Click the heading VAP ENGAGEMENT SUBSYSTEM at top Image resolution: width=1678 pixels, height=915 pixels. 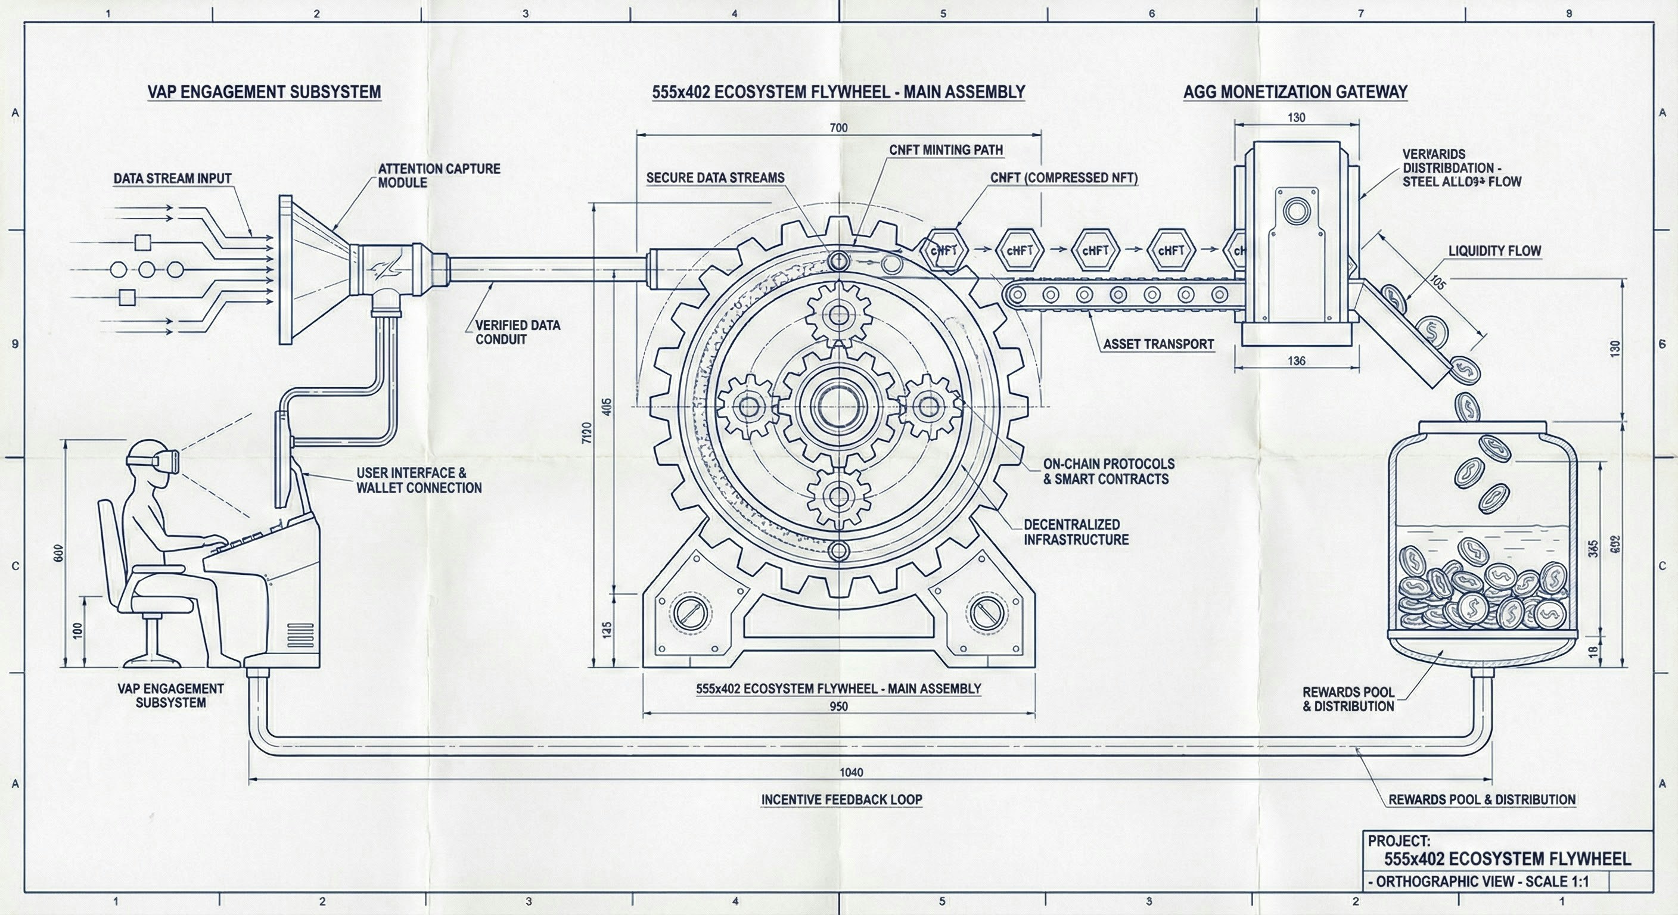tap(264, 92)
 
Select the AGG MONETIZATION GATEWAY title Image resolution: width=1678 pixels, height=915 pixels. tap(1295, 92)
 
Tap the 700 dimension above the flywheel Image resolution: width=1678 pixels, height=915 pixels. tap(839, 127)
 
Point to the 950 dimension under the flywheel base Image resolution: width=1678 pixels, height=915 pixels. tap(839, 706)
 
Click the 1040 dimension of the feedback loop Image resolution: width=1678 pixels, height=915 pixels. tap(852, 773)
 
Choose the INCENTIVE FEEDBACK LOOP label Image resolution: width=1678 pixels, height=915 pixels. tap(841, 799)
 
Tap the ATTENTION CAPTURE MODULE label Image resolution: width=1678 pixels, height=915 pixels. tap(439, 176)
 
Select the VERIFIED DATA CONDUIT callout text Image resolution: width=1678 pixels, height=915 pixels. tap(517, 331)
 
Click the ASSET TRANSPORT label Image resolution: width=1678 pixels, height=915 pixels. tap(1158, 344)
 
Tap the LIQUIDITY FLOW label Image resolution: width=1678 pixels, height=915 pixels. tap(1494, 251)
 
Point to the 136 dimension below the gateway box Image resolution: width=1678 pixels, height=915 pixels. tap(1296, 360)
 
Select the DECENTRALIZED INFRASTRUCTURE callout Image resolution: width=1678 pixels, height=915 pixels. tap(1076, 532)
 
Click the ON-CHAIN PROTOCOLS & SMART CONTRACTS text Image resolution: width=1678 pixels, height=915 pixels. tap(1109, 472)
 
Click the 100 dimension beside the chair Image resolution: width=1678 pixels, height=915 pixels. tap(78, 630)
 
